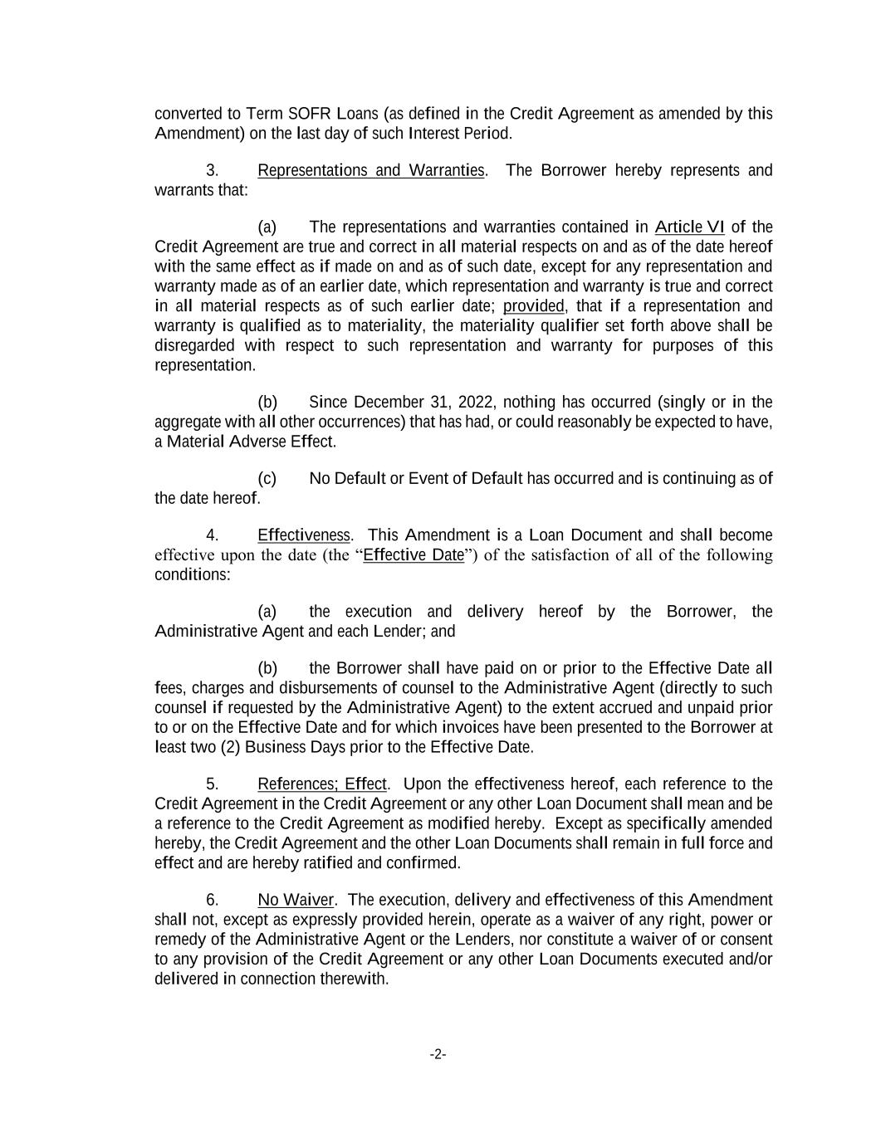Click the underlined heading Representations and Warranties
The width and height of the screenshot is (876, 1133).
click(370, 171)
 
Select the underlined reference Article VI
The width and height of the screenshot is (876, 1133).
click(689, 227)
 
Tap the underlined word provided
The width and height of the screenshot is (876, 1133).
click(533, 306)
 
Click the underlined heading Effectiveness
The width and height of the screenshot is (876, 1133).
click(305, 535)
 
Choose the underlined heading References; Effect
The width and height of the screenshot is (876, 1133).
click(322, 784)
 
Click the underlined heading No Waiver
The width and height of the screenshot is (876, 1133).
click(296, 901)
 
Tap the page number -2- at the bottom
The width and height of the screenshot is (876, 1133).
click(438, 1054)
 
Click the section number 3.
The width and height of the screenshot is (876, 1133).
click(212, 171)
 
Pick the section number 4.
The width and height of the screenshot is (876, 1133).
click(212, 535)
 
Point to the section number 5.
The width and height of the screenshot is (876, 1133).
click(212, 784)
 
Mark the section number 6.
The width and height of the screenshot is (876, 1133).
click(212, 901)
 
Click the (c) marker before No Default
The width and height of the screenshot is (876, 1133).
click(267, 479)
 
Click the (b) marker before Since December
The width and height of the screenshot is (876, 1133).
click(267, 403)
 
